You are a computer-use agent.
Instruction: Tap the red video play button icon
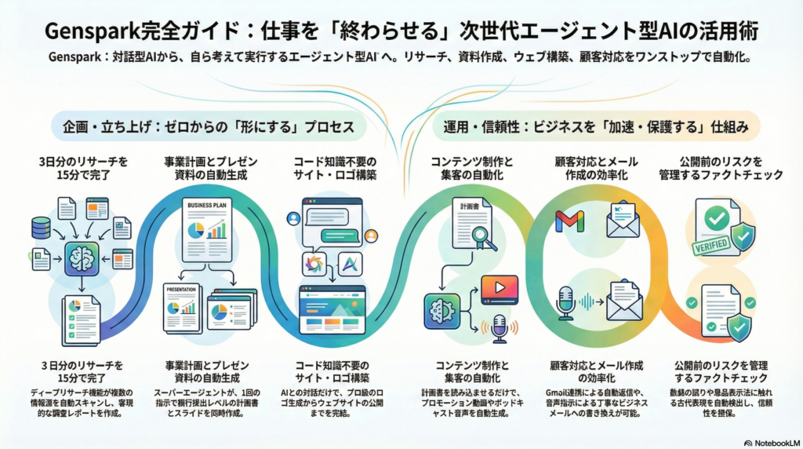(499, 288)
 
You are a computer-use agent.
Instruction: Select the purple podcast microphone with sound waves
(498, 330)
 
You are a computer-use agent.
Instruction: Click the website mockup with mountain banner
(332, 310)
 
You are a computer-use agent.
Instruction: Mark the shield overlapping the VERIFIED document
(742, 235)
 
